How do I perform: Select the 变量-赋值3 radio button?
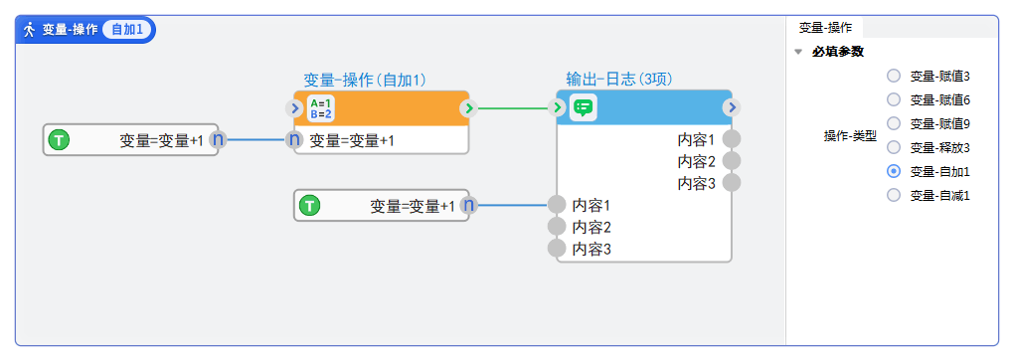[894, 76]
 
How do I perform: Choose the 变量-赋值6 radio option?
[894, 99]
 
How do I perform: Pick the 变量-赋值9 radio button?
[894, 123]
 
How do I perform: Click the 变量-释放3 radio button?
[894, 147]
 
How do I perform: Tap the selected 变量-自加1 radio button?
[894, 171]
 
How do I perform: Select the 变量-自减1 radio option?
[894, 195]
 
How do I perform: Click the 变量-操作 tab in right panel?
[825, 28]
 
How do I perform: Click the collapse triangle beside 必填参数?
[798, 52]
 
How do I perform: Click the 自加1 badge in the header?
[127, 29]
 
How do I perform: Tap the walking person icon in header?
[30, 29]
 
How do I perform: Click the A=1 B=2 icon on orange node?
[320, 108]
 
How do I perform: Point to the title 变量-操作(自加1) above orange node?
[365, 80]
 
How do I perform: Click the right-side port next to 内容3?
[732, 183]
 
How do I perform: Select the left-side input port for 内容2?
[557, 227]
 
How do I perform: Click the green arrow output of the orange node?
[468, 108]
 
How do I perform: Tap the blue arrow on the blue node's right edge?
[732, 108]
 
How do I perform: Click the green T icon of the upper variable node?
[60, 140]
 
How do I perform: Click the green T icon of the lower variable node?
[310, 206]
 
